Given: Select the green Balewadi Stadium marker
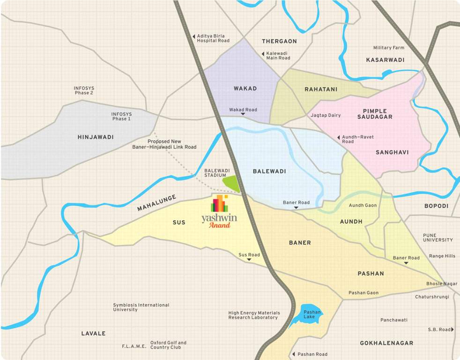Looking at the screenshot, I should click(231, 183).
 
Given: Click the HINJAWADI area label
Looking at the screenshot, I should click(96, 137).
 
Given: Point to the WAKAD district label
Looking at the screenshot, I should click(245, 89).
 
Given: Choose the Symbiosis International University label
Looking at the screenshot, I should click(141, 307).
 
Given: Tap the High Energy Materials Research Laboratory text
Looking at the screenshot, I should click(254, 315).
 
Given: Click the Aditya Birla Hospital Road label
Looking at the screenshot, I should click(213, 38).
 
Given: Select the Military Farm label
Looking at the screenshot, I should click(388, 48).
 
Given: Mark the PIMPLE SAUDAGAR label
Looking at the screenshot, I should click(378, 113).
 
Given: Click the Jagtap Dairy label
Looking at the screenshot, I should click(326, 115).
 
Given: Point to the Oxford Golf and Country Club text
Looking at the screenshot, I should click(168, 345).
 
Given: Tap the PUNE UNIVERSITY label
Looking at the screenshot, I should click(438, 237).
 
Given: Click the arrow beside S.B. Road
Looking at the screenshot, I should click(453, 330).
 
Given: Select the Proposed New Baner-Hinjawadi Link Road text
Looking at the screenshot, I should click(164, 144).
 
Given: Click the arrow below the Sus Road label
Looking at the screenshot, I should click(249, 260).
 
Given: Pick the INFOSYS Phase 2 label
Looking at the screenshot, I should click(84, 90).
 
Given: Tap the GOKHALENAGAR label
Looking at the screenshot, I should click(386, 343).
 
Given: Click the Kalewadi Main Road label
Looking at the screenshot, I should click(278, 56).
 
